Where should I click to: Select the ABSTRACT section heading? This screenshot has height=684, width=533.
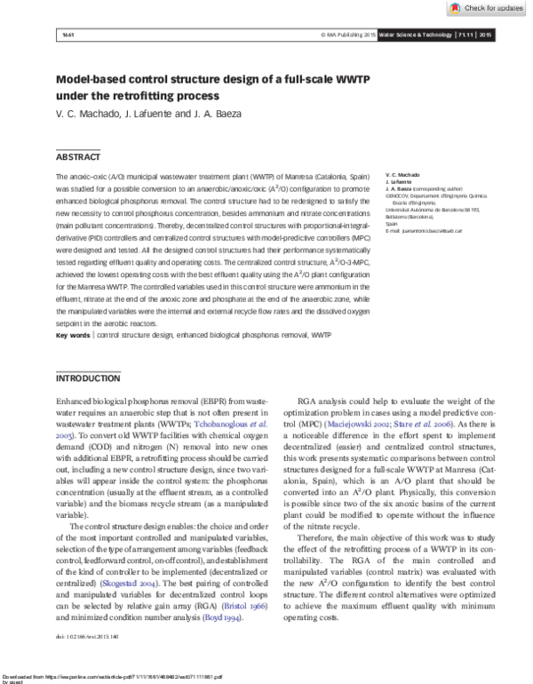(x=79, y=157)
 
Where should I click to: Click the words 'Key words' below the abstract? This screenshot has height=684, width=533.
(x=73, y=336)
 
